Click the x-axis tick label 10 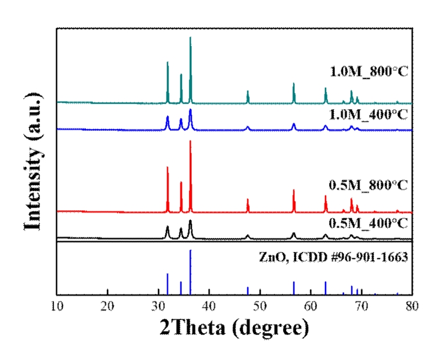click(x=56, y=306)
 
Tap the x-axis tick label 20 click(x=107, y=306)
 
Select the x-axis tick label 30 click(x=158, y=306)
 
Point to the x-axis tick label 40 click(x=209, y=306)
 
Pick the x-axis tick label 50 click(x=259, y=306)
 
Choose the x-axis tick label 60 click(x=311, y=306)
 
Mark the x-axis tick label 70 click(x=361, y=306)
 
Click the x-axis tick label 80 click(x=411, y=306)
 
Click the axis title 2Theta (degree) click(x=234, y=329)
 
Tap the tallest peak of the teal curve click(x=190, y=38)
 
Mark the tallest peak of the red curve click(x=190, y=142)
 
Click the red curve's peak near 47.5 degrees click(x=248, y=200)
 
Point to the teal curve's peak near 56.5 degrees click(x=294, y=84)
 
